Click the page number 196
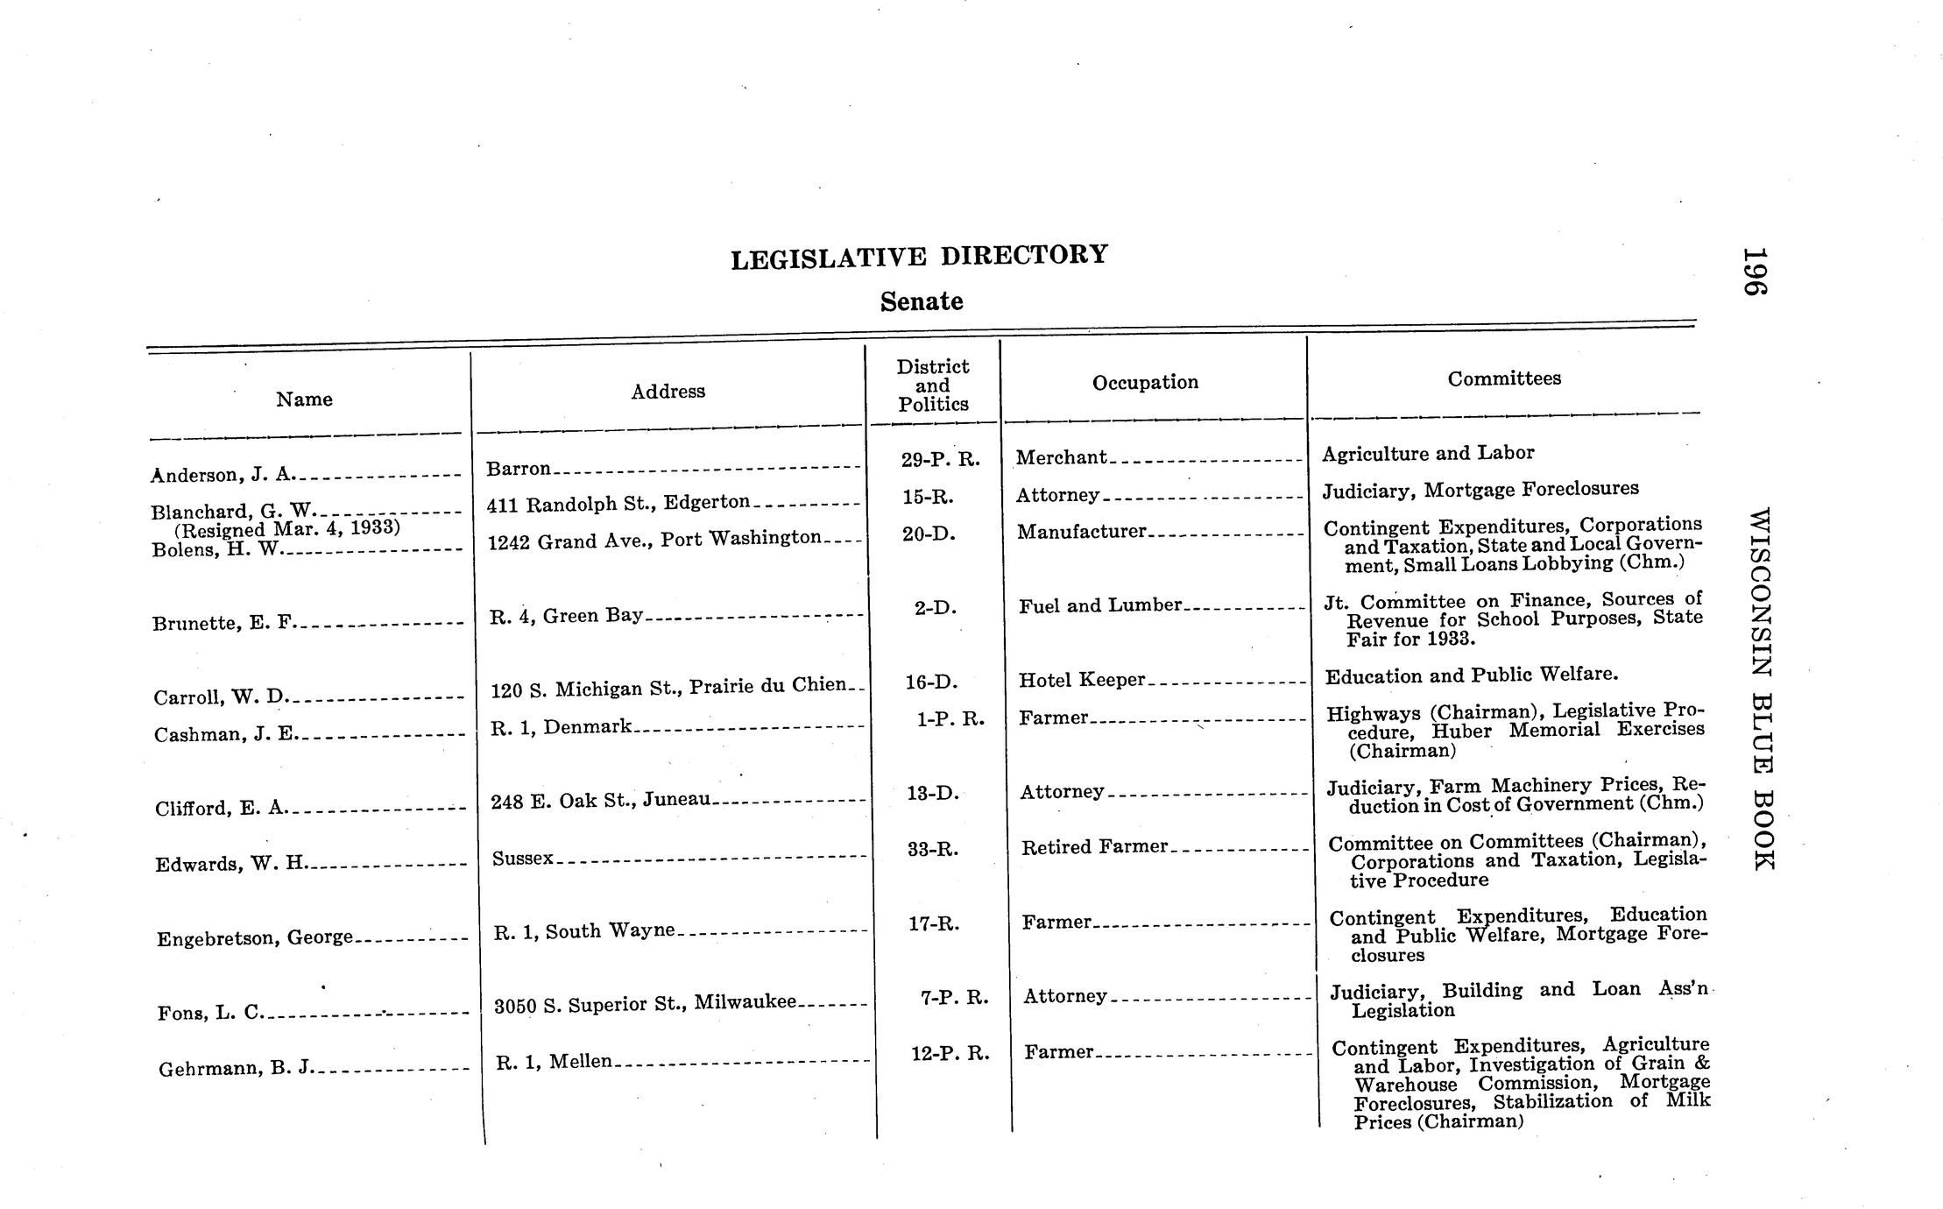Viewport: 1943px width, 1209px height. [1754, 272]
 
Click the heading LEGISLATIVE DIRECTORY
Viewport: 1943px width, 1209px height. [919, 256]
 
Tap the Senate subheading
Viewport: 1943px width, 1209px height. [922, 301]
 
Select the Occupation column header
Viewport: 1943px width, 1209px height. [1145, 382]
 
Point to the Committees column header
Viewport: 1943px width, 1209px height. [1504, 378]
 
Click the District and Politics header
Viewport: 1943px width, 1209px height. [933, 385]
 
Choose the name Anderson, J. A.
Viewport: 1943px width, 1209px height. [223, 475]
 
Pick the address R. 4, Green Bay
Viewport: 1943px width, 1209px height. [566, 616]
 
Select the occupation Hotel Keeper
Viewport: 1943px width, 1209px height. [1082, 680]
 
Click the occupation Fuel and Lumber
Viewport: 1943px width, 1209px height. [1100, 605]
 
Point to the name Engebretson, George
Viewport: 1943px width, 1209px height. [255, 938]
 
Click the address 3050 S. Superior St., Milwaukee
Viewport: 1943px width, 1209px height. [646, 1004]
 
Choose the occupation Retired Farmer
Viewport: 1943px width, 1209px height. [1094, 847]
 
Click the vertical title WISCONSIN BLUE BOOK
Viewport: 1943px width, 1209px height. [1761, 689]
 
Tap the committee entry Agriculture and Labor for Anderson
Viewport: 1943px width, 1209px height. [1428, 453]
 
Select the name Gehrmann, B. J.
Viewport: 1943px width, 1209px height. [236, 1069]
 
